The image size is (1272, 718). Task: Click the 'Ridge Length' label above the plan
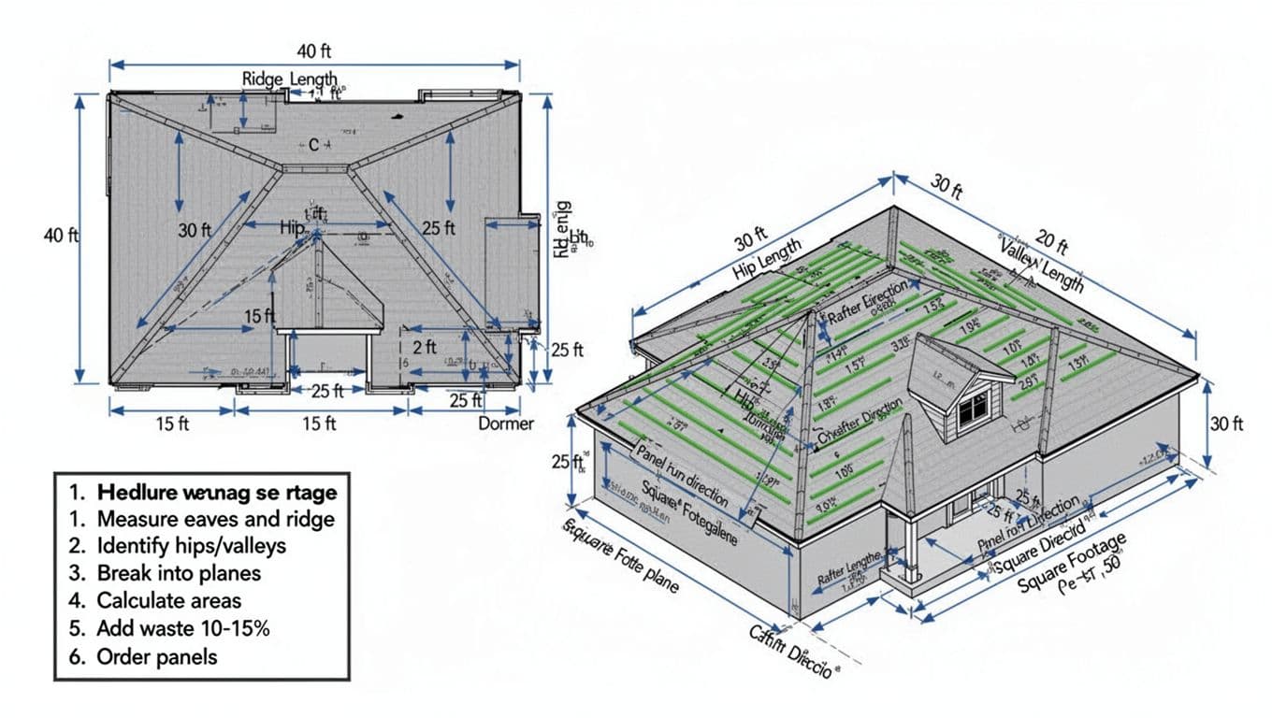(x=289, y=79)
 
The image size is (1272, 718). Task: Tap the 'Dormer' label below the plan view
(x=506, y=424)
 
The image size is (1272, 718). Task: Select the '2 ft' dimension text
(x=425, y=347)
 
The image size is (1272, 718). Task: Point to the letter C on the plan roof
(x=313, y=145)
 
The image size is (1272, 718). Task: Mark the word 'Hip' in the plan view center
(x=293, y=227)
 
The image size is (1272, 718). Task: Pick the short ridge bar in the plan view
(x=315, y=168)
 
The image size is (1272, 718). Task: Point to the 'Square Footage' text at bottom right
(x=1072, y=562)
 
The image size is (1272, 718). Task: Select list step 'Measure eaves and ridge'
(x=215, y=518)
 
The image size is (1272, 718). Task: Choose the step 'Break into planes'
(x=179, y=573)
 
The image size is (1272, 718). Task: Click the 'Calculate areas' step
(x=168, y=600)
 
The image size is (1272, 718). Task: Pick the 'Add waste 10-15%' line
(x=182, y=628)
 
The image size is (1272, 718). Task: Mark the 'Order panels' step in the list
(x=156, y=656)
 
